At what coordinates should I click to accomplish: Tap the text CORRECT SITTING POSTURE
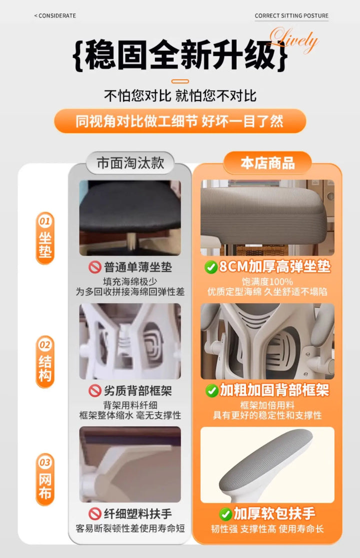coord(291,16)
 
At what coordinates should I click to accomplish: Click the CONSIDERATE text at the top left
coord(55,16)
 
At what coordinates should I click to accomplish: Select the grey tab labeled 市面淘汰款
coord(130,163)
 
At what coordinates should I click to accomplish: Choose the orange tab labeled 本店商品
coord(267,163)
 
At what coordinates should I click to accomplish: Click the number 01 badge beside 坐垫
coord(45,221)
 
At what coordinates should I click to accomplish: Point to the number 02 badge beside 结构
coord(45,344)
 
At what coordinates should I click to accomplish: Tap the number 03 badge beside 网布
coord(45,462)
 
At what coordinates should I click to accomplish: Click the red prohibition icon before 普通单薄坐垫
coord(95,267)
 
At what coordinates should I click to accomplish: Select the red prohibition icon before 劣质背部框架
coord(95,390)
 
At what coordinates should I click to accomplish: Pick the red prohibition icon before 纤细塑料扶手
coord(95,514)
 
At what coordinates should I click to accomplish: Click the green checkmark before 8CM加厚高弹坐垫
coord(211,267)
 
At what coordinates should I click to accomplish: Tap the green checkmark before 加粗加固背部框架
coord(212,390)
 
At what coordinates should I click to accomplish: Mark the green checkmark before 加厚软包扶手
coord(225,514)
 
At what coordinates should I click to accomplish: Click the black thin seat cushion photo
coord(130,218)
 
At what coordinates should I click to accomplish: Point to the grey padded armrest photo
coord(267,464)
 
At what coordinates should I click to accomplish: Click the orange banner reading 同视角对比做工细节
coord(180,121)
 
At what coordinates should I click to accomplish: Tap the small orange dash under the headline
coord(180,82)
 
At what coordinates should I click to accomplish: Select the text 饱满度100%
coord(267,282)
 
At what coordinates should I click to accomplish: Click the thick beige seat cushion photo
coord(267,218)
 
